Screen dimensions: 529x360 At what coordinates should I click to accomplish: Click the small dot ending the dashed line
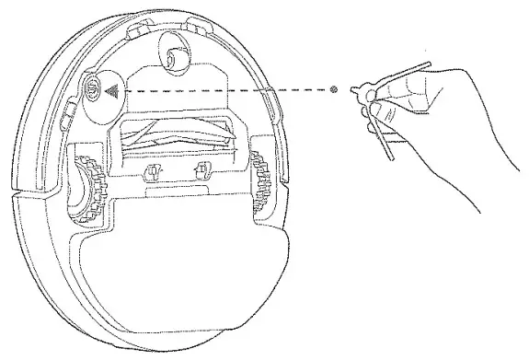[333, 90]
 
